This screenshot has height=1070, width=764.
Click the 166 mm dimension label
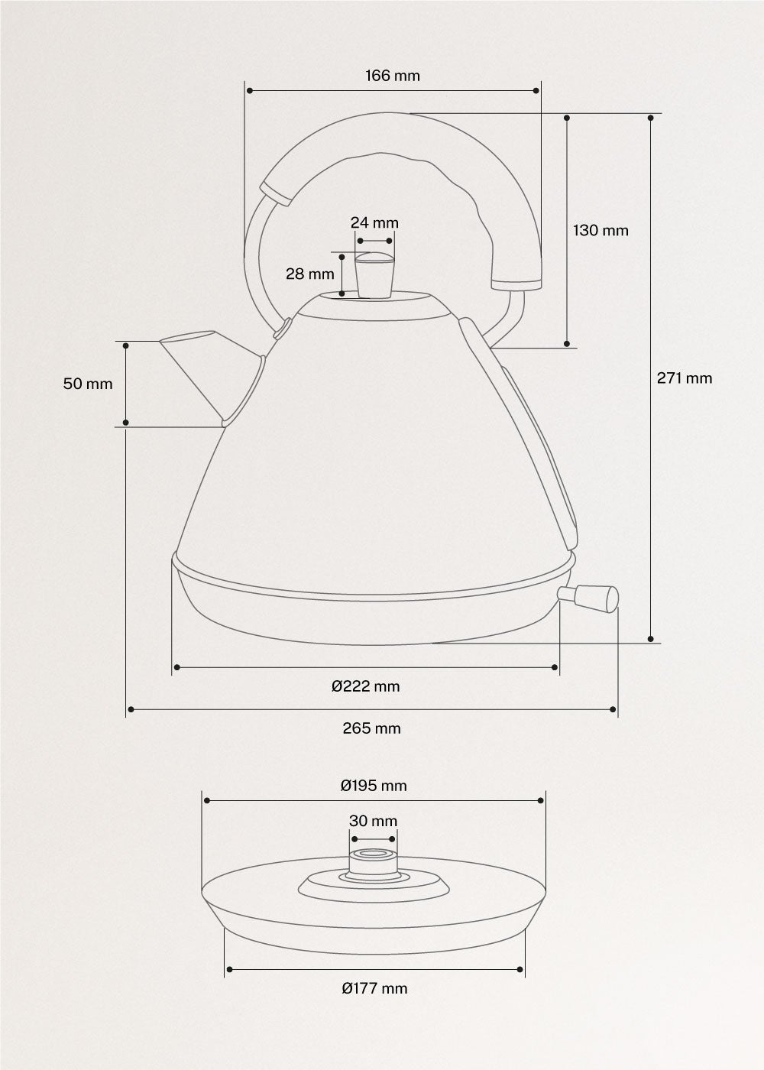click(392, 76)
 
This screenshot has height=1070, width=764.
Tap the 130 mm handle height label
click(601, 230)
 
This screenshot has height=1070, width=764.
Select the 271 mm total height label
click(685, 378)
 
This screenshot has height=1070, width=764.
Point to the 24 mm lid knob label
click(374, 222)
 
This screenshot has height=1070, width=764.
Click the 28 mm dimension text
click(310, 274)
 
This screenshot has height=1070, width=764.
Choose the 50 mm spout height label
click(88, 384)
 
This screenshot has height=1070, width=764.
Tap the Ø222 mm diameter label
click(366, 686)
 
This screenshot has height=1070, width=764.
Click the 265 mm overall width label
click(371, 728)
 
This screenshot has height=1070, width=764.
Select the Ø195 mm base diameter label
click(374, 785)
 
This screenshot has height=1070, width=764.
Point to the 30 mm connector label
click(373, 821)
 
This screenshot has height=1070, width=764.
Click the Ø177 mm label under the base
click(374, 988)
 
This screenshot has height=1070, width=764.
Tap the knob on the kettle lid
click(374, 275)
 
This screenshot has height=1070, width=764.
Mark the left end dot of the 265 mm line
click(131, 710)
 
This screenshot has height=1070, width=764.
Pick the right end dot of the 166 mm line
click(536, 91)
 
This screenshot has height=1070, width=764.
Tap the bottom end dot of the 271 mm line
click(650, 638)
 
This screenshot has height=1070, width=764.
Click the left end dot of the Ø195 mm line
click(206, 800)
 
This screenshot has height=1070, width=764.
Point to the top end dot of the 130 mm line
click(568, 118)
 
